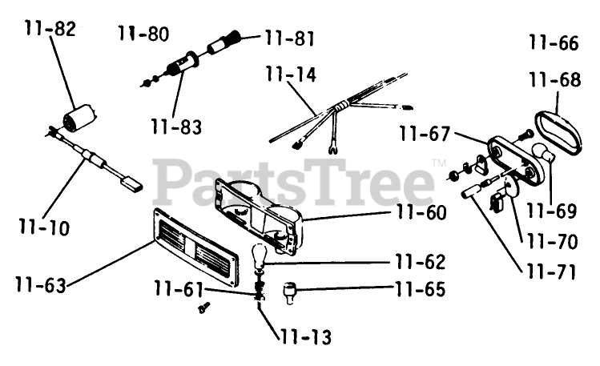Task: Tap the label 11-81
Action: [x=289, y=38]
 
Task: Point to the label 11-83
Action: [x=175, y=127]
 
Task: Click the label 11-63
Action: [x=41, y=283]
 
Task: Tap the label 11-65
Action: [x=419, y=288]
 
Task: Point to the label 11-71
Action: [x=551, y=272]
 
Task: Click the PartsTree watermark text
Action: [x=293, y=183]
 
